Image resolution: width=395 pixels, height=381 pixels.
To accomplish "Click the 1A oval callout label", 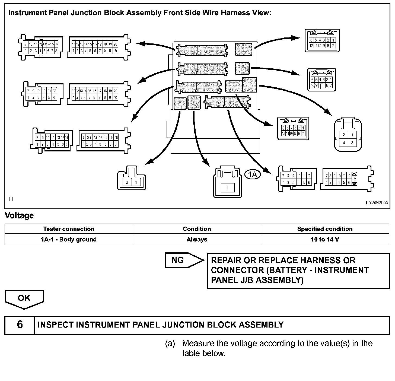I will coord(253,174).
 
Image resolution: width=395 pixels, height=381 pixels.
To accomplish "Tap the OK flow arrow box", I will coord(24,298).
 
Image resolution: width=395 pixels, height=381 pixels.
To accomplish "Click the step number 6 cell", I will coord(20,325).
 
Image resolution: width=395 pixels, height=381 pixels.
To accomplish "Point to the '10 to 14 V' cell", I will coord(325,239).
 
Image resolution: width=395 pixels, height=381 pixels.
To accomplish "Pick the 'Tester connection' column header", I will coord(69,229).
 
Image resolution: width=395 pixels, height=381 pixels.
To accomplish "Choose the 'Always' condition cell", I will coord(197,239).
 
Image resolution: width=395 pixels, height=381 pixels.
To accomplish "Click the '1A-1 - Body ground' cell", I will coord(69,239).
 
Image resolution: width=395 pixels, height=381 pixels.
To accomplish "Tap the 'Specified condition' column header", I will coord(325,229).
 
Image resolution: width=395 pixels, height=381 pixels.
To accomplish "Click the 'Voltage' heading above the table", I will coord(20,215).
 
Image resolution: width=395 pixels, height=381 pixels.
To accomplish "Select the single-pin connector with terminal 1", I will coord(227,182).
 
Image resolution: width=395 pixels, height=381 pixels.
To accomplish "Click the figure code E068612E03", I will coord(377,203).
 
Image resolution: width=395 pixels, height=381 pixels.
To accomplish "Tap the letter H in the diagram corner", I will coord(11,199).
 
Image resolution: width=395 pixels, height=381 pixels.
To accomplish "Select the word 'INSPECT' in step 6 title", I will coord(56,325).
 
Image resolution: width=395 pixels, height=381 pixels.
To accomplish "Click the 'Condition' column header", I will coord(197,229).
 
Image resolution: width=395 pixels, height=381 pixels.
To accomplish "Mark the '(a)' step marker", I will coord(170,344).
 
